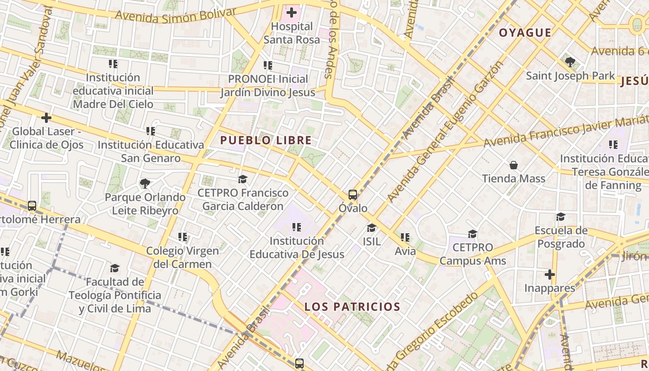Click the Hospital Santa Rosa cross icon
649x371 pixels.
(x=292, y=13)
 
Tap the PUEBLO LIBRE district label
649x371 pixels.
(x=266, y=140)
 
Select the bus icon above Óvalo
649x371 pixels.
(x=353, y=195)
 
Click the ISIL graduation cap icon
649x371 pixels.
(x=371, y=228)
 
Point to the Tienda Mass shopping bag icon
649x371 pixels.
(x=514, y=165)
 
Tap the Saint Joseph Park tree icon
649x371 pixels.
(x=570, y=62)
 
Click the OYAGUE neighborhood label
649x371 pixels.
(x=525, y=32)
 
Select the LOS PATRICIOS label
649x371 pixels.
(x=352, y=307)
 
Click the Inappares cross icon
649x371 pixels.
(x=550, y=275)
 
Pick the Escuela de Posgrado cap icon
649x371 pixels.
(x=560, y=217)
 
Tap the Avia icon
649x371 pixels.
(x=405, y=238)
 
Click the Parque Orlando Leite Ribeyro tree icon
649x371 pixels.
(x=145, y=184)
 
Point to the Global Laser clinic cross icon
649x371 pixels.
(x=46, y=118)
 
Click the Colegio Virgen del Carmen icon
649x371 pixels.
(x=183, y=237)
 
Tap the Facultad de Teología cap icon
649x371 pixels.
(x=115, y=269)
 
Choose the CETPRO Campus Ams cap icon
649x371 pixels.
(x=472, y=234)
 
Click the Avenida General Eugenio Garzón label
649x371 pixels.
(x=445, y=132)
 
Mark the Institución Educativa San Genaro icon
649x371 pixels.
(x=150, y=132)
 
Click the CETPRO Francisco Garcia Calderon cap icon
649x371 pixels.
(x=242, y=179)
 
